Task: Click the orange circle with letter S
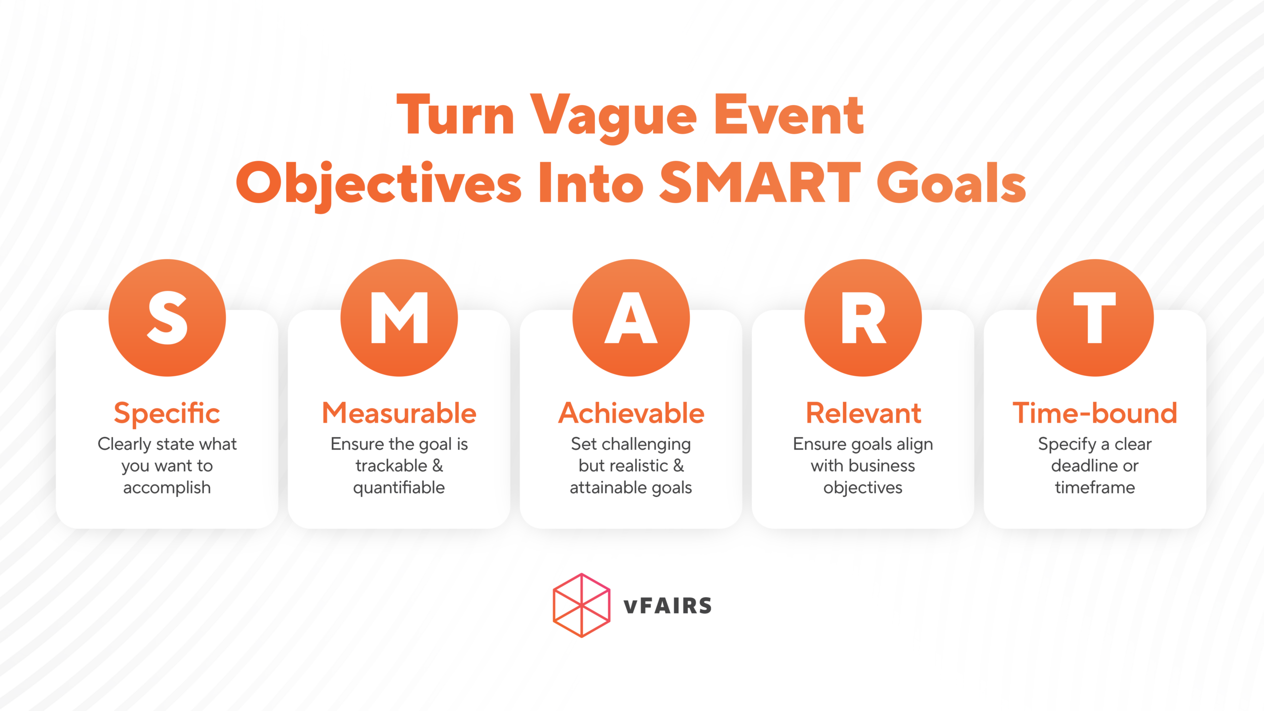167,317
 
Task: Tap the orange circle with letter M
399,317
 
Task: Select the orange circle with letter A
631,317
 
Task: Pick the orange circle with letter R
863,317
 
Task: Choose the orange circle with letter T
1095,317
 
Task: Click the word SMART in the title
760,183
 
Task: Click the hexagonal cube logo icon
582,605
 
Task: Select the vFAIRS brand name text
668,606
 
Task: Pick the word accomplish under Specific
167,488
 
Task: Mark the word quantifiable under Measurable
399,488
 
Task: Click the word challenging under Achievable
645,444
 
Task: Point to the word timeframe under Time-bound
1095,488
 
